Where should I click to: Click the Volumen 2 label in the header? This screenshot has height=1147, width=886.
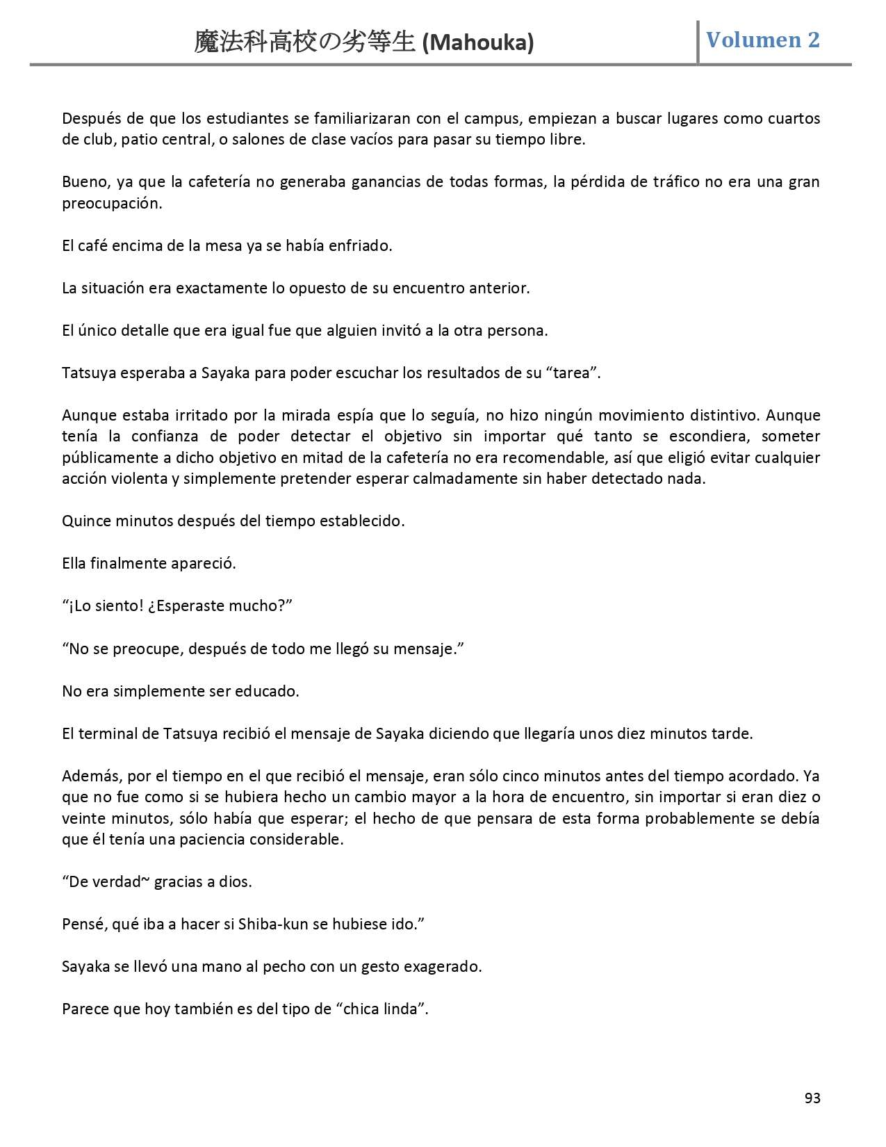pos(762,40)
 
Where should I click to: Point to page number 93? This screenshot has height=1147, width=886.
pos(812,1098)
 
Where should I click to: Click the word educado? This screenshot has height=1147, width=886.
pos(267,692)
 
